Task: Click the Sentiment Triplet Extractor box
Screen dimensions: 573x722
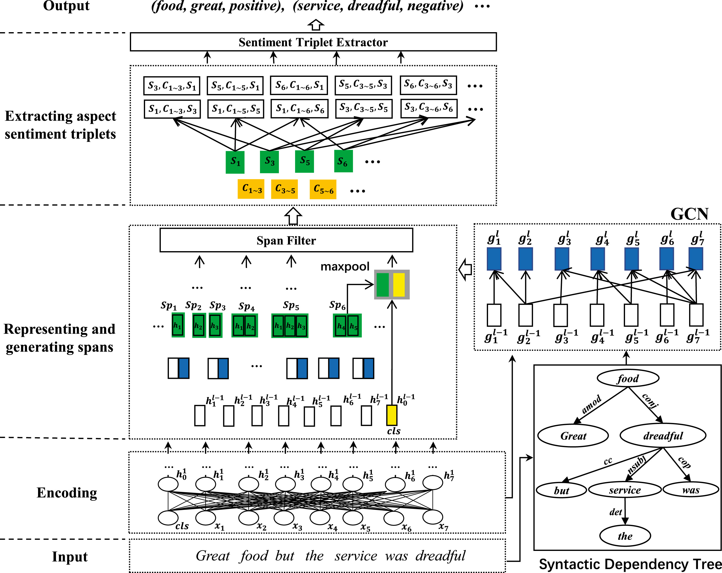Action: point(313,42)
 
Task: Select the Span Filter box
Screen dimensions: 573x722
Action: point(286,240)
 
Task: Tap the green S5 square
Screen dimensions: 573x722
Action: point(304,162)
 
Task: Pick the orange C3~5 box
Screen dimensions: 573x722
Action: point(284,189)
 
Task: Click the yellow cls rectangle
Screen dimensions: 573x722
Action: point(392,415)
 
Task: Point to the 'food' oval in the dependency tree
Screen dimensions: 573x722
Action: point(628,378)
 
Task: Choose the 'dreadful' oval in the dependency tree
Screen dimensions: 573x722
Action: point(663,436)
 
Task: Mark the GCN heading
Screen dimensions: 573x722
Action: point(689,214)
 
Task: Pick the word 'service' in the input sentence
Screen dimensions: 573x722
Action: point(356,556)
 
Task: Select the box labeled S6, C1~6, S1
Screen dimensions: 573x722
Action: point(299,85)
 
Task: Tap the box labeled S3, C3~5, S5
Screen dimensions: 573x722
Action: point(364,108)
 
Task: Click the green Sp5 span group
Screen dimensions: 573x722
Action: point(290,326)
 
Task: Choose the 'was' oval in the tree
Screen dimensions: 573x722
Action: point(691,490)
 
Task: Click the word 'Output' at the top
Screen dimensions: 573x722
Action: point(66,6)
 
